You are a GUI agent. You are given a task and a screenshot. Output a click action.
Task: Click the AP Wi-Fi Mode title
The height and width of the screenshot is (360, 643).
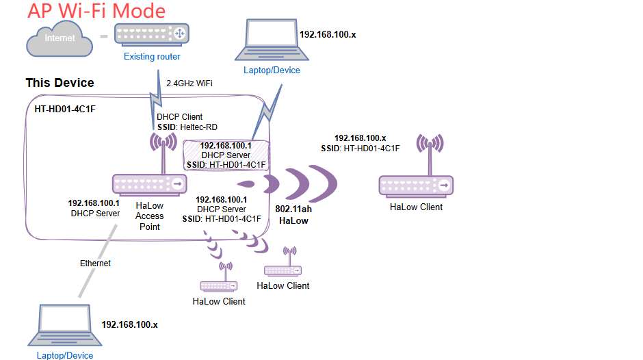tap(96, 11)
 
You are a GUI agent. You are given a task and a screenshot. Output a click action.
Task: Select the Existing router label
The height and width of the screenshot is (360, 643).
tap(152, 57)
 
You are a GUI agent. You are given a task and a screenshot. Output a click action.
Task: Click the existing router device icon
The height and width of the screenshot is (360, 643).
tap(152, 34)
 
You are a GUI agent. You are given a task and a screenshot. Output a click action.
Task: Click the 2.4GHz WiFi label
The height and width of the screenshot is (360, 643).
tap(189, 83)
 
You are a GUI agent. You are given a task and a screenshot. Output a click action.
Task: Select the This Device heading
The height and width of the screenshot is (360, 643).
tap(60, 83)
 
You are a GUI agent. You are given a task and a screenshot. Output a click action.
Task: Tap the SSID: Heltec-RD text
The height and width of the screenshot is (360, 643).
tap(185, 127)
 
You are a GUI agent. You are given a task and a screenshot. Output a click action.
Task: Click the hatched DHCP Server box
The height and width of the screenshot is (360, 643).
tap(226, 155)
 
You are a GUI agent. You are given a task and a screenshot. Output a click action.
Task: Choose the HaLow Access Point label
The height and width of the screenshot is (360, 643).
tap(149, 216)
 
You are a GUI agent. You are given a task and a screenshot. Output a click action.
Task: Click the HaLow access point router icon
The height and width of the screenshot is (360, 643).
tap(149, 183)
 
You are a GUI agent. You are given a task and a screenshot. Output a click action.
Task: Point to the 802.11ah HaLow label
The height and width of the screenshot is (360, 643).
tap(293, 214)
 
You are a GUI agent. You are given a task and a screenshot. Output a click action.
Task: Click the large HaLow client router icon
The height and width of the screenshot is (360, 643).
tap(416, 184)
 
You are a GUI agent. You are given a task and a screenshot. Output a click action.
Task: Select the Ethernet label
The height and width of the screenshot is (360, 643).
tap(95, 263)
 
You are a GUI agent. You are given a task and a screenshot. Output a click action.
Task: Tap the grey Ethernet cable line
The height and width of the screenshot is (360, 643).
tap(96, 253)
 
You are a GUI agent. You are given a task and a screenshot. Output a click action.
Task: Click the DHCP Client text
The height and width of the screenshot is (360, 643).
tap(180, 117)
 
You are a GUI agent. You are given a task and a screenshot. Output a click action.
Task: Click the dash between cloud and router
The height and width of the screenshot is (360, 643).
tap(104, 36)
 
